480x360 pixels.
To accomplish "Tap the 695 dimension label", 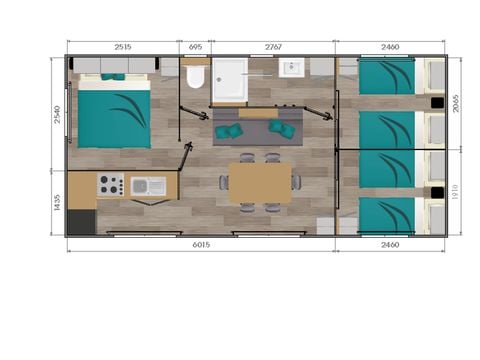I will coord(196,47).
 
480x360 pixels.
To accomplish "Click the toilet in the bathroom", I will coord(195,79).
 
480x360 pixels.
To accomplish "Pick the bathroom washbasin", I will coord(292,69).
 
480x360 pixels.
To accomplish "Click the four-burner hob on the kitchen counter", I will coord(110,185).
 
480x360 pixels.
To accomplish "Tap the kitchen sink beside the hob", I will coord(150,185).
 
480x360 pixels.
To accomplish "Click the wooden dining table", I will coord(260,182).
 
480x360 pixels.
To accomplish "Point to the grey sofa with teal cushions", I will coord(255,128).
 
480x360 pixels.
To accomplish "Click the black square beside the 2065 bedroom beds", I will coord(436,101).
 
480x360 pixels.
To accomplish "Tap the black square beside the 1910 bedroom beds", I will coord(436,190).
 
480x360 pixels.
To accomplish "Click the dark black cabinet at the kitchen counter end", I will coord(81,221).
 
